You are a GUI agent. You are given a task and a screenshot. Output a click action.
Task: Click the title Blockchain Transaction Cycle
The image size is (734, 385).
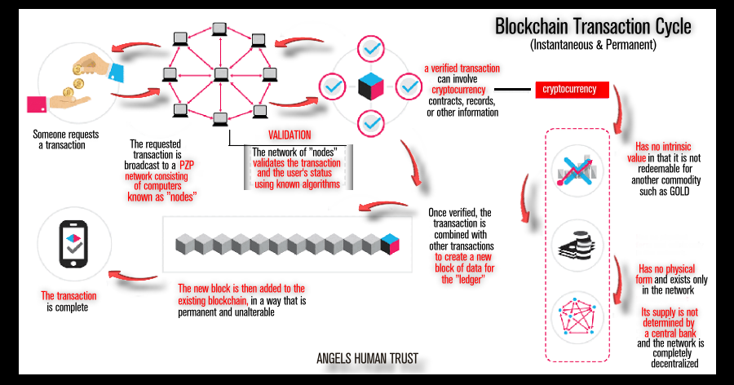tap(593, 26)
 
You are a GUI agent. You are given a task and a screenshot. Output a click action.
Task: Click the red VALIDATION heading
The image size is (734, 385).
tap(290, 135)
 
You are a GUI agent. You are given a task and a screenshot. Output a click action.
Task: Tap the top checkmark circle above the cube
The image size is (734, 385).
tap(372, 49)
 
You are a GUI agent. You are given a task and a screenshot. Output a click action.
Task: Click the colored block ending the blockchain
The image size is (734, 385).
tap(390, 244)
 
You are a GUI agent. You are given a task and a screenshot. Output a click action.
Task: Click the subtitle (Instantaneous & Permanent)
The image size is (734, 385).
tap(593, 46)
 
